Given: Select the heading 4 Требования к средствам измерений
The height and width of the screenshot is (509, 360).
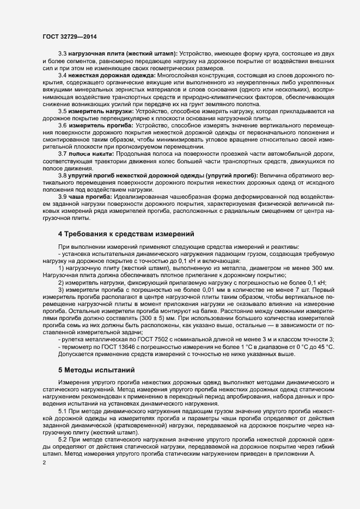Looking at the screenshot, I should click(126, 234).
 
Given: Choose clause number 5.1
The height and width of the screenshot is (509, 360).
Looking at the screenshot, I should click(62, 411).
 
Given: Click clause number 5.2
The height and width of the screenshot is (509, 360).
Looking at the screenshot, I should click(62, 439).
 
